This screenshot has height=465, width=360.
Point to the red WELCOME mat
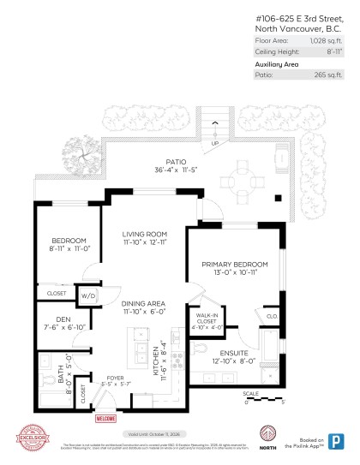tap(105, 419)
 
